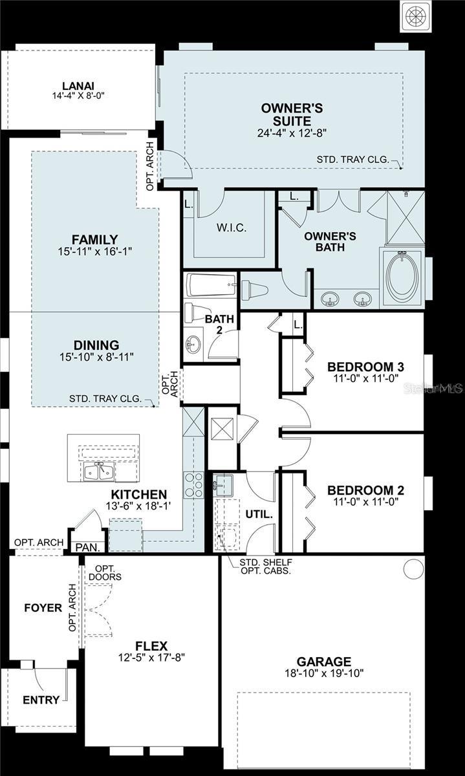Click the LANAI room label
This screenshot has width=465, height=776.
78,86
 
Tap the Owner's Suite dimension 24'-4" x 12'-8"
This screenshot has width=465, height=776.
292,134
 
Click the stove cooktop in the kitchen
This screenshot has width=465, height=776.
193,484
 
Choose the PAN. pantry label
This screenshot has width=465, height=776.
87,547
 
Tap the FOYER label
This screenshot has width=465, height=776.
43,608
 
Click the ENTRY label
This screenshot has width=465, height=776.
41,700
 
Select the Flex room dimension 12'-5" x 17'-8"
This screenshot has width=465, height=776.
151,658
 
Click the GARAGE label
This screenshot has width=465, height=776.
324,662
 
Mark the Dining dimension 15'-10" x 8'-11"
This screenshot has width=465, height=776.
96,357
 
